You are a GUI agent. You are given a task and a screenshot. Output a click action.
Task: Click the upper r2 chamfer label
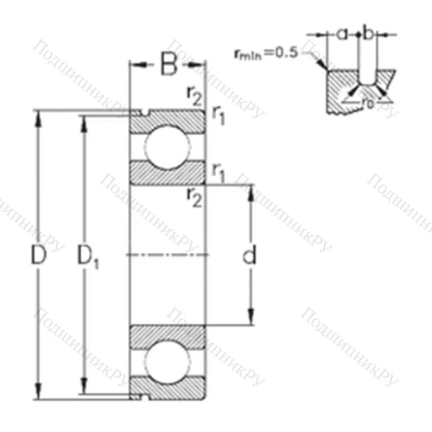[x=194, y=95]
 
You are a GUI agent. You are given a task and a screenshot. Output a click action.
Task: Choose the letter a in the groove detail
[x=341, y=34]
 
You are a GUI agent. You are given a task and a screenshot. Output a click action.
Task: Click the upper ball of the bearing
[x=168, y=146]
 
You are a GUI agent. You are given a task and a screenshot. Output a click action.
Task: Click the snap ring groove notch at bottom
[x=143, y=397]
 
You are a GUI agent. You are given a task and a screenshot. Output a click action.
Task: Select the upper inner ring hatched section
[x=168, y=173]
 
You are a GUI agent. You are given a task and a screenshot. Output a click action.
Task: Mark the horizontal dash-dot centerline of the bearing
[x=168, y=255]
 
